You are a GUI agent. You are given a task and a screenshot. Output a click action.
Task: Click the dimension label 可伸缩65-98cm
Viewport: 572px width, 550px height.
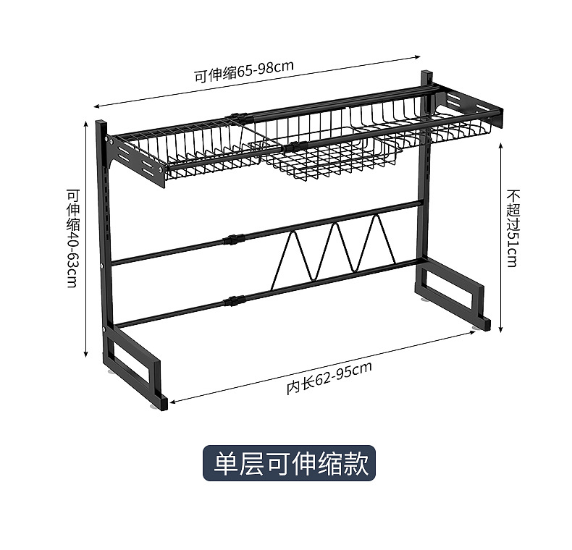click(243, 70)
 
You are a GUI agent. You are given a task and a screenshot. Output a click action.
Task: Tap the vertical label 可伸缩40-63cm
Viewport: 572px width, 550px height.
click(72, 238)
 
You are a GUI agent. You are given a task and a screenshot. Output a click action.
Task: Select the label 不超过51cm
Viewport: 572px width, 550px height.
click(513, 228)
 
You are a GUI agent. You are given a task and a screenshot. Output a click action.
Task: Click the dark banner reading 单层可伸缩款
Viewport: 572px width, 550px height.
click(289, 463)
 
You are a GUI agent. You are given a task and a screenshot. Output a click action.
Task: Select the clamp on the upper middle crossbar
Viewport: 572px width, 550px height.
click(232, 240)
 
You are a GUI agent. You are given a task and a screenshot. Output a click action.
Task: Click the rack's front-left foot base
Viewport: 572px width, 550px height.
click(138, 369)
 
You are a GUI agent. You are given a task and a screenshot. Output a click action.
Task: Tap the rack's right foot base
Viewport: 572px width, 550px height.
click(453, 293)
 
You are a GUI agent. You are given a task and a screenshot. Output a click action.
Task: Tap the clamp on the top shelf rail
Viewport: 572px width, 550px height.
click(236, 118)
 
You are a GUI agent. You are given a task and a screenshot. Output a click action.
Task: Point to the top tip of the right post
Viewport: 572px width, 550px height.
click(426, 75)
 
